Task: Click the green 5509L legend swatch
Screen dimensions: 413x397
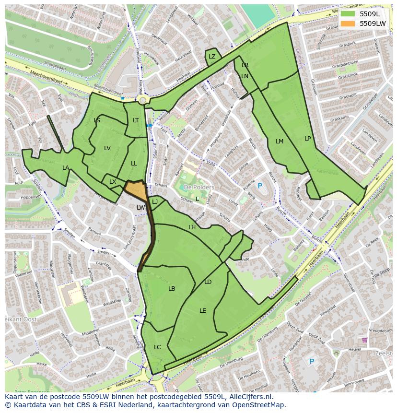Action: click(349, 14)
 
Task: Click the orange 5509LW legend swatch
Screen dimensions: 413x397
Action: click(349, 24)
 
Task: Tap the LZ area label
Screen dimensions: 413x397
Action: click(212, 57)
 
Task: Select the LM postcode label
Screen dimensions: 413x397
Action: click(280, 142)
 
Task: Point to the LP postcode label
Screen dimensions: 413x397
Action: click(307, 139)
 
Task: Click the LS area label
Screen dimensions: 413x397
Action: click(97, 120)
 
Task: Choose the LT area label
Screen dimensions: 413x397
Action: click(136, 120)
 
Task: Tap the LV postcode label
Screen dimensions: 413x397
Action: click(107, 148)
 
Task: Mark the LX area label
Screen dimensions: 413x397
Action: click(113, 182)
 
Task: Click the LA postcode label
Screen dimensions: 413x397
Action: click(66, 168)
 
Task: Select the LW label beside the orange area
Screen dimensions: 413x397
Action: click(140, 208)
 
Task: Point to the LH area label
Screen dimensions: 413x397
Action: click(192, 227)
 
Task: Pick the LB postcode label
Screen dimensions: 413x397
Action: click(172, 289)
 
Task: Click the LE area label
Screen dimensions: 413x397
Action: click(203, 311)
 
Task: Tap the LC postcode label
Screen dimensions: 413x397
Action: click(157, 347)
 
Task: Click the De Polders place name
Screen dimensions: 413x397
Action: click(199, 187)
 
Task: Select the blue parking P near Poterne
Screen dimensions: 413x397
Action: click(260, 186)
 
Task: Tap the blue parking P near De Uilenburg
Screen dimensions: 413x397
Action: click(312, 361)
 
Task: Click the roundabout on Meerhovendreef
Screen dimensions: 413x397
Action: click(142, 100)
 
